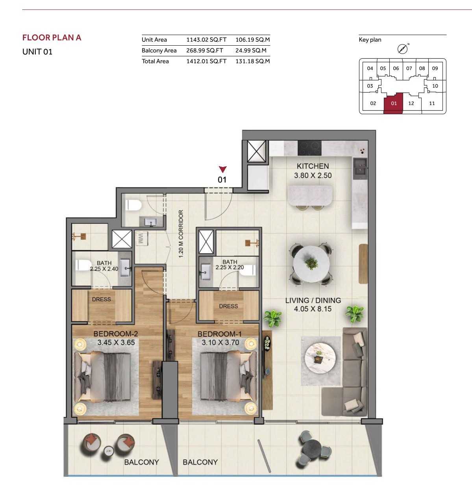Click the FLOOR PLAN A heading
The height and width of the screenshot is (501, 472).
coord(52,38)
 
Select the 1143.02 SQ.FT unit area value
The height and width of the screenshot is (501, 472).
coord(206,40)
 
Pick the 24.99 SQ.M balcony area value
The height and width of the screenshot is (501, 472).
coord(251,50)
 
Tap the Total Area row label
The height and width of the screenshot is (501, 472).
coord(155,61)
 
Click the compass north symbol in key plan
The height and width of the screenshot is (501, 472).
coord(402,49)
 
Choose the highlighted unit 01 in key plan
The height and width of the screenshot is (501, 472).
coord(394,104)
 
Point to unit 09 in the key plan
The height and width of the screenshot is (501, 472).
coord(435,68)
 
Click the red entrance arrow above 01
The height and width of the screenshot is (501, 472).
coord(223,169)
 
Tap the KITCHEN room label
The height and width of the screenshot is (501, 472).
coord(313,166)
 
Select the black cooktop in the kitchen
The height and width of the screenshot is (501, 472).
coord(309,148)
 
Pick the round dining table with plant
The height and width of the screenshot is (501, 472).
coord(311,263)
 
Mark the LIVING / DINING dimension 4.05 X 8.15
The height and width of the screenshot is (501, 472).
coord(313,309)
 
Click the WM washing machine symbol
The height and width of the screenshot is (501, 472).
coord(141,239)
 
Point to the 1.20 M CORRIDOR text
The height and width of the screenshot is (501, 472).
coord(181,234)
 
